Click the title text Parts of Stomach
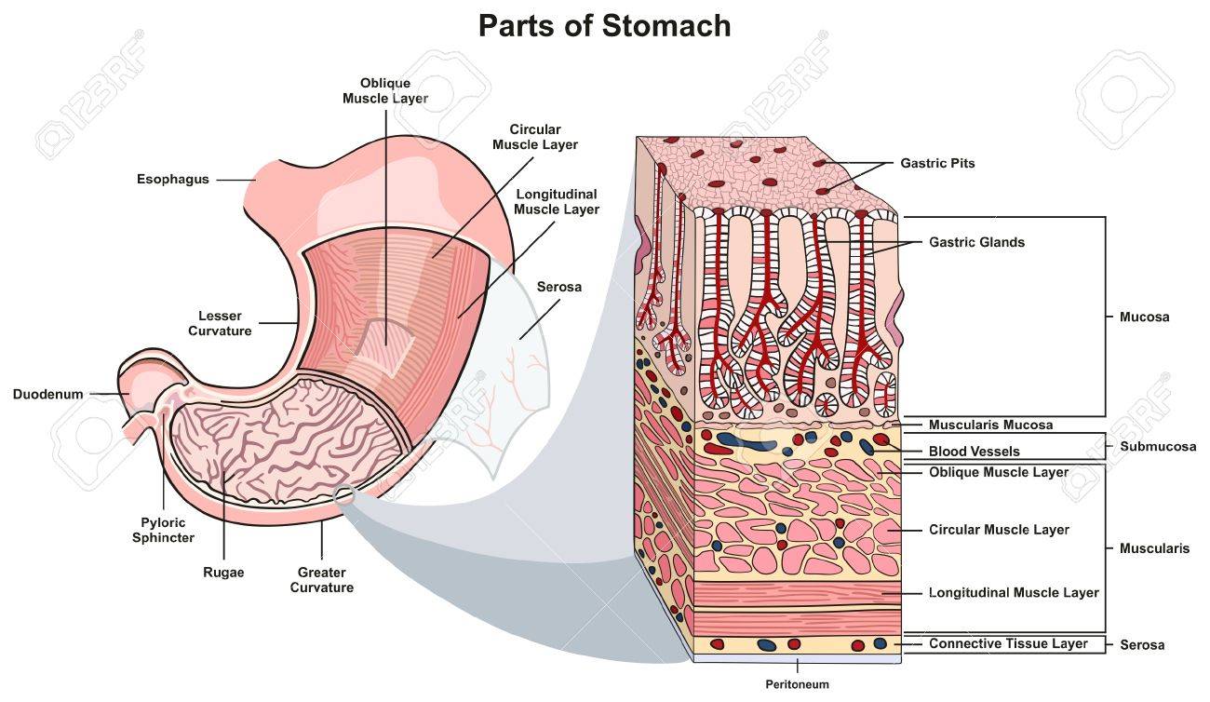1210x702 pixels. pos(604,25)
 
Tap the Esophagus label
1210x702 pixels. pos(173,179)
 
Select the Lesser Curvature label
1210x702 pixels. pos(220,323)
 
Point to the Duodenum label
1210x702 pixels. pos(47,394)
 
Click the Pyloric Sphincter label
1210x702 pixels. pos(163,530)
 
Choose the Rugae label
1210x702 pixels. pos(223,573)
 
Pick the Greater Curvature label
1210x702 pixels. pos(322,580)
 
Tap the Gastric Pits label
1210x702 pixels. pos(937,163)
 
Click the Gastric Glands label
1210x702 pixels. pos(976,242)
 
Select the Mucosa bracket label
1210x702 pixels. pos(1142,317)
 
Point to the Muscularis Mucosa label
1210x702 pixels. pos(990,425)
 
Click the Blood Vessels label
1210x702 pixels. pos(975,452)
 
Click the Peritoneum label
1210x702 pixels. pos(798,684)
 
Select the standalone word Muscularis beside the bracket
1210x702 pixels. pos(1154,548)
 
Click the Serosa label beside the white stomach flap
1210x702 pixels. pos(559,287)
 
